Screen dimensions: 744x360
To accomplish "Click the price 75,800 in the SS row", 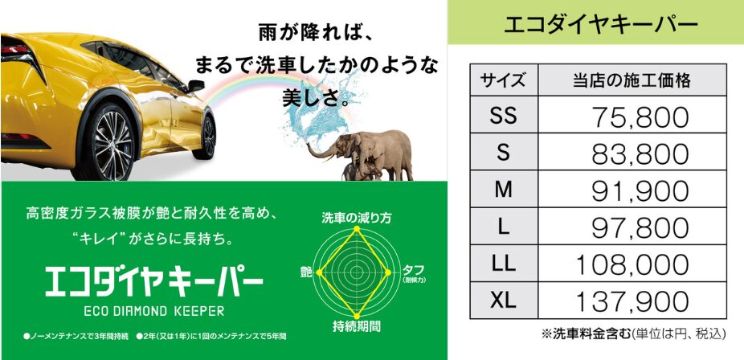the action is (x=640, y=117).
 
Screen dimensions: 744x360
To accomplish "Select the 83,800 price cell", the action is (x=640, y=154).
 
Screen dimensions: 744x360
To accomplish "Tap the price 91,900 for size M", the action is (x=640, y=191).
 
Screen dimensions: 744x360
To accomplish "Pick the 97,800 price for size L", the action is (x=640, y=228).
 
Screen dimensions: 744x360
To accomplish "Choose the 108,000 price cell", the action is (x=632, y=264).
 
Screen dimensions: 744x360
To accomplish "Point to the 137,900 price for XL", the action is (x=632, y=301).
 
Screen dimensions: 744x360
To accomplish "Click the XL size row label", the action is (x=503, y=301).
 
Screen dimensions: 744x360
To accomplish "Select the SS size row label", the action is (x=504, y=116).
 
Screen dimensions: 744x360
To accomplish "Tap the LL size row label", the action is (x=504, y=264).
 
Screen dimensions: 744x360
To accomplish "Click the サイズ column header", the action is (x=503, y=80).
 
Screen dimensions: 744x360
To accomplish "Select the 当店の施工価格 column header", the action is (x=632, y=80).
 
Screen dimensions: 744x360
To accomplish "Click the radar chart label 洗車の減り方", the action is (x=357, y=218).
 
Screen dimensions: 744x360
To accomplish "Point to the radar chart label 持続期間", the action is (x=357, y=326).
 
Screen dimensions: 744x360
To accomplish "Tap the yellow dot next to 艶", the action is (x=319, y=272).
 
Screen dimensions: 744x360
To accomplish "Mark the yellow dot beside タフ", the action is (x=388, y=272).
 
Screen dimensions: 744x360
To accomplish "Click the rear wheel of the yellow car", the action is (x=112, y=143).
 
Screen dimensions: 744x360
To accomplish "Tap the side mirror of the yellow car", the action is (x=195, y=86).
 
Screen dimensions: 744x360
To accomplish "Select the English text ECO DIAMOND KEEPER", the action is (x=153, y=311).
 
